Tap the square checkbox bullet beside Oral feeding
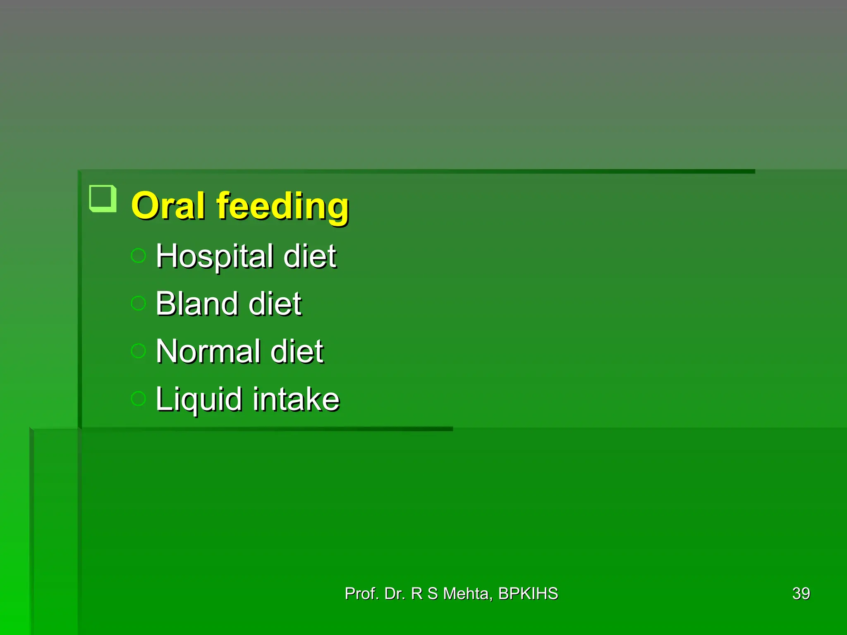103,198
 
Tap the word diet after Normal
297,351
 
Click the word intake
296,399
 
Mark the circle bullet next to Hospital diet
139,256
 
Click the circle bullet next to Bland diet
139,303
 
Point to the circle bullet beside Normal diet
139,351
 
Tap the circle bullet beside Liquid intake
139,399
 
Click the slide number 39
801,594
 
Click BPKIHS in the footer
528,594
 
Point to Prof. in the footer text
361,594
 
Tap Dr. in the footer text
395,594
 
